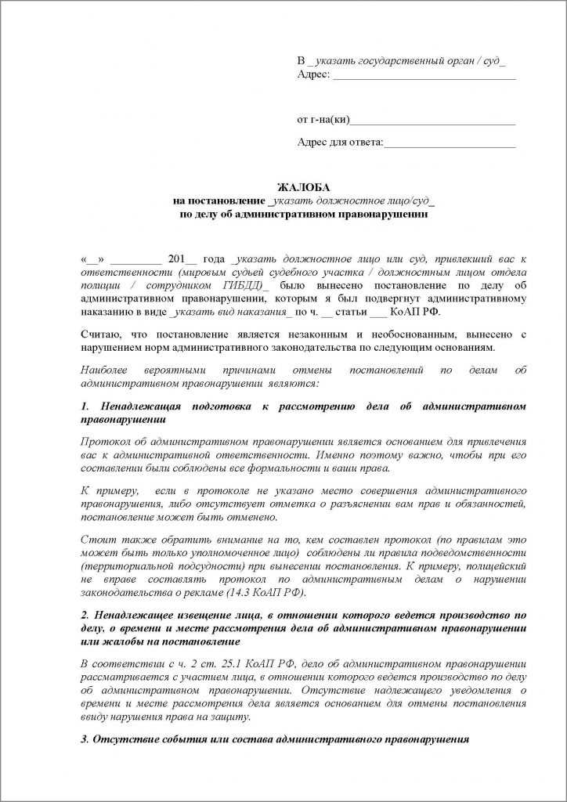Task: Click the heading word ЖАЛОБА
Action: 305,187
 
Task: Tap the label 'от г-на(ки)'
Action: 323,120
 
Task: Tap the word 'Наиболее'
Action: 106,369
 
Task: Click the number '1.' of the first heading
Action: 85,407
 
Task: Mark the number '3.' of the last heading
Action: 85,739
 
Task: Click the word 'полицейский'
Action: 492,565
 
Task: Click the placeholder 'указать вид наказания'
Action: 229,311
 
